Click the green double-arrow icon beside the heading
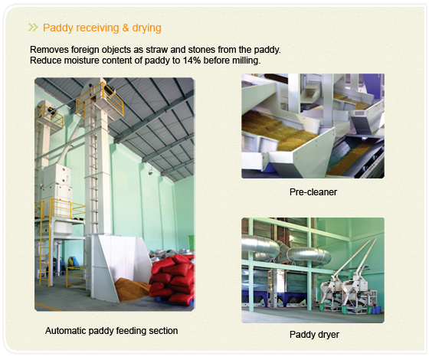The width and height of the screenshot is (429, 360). point(33,28)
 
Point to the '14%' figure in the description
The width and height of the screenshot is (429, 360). point(192,61)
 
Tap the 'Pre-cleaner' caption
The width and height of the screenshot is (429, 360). point(313,192)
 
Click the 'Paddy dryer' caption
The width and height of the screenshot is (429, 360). point(314,335)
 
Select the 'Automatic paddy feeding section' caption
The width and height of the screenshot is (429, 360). point(111,331)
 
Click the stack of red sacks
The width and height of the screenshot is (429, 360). point(172,279)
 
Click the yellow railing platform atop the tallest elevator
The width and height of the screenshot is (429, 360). point(100,100)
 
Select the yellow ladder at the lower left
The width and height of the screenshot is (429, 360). point(45,244)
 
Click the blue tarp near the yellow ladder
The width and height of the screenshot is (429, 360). point(72,263)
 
